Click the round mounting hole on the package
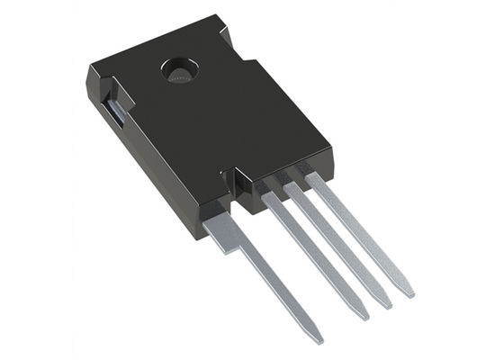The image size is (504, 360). click(x=176, y=69)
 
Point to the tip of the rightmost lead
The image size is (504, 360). click(x=409, y=293)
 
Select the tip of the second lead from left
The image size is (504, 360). click(x=363, y=316)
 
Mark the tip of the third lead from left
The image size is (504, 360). click(x=387, y=305)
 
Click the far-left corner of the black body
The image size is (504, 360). click(x=88, y=72)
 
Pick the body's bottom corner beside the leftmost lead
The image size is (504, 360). click(x=196, y=236)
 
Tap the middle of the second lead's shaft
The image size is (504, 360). click(x=315, y=256)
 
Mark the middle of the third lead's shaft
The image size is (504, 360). click(x=338, y=245)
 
